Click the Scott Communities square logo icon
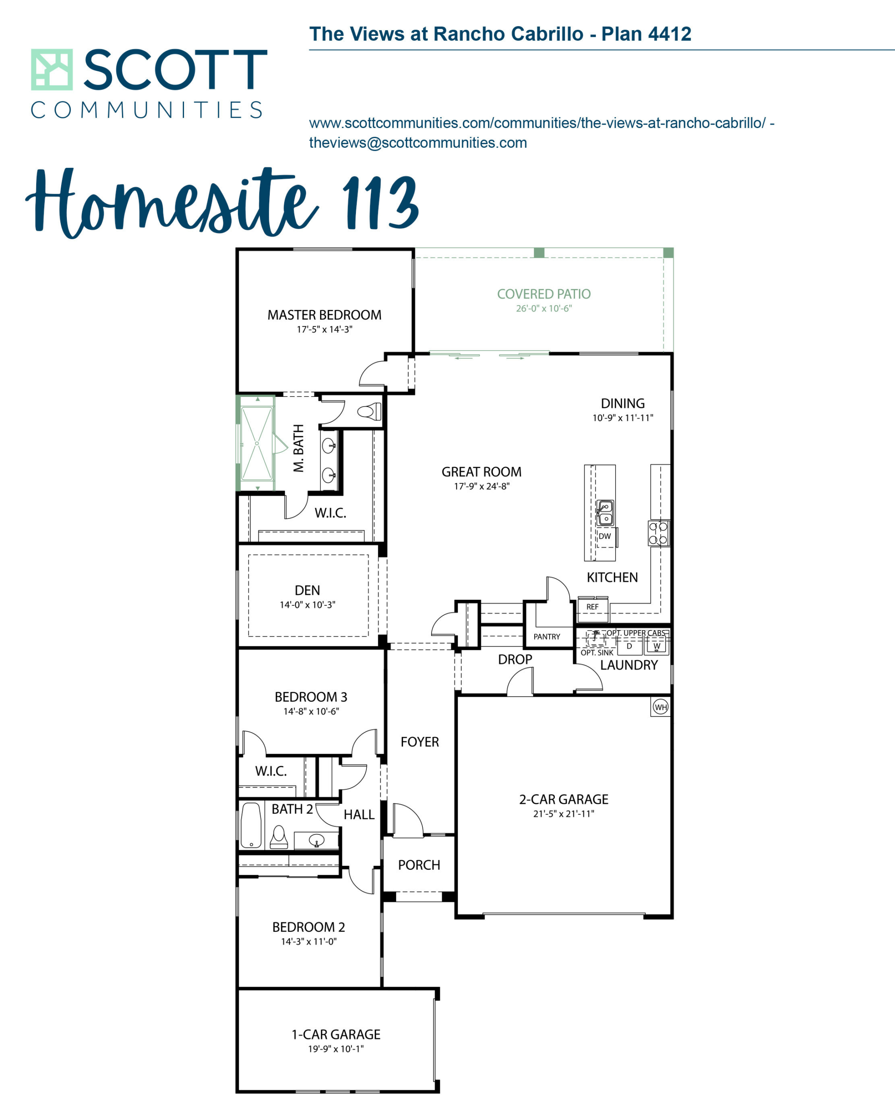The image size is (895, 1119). pyautogui.click(x=52, y=70)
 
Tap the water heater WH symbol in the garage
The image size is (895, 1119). pyautogui.click(x=660, y=707)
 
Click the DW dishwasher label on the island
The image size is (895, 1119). pyautogui.click(x=605, y=536)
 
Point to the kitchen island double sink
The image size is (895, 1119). pyautogui.click(x=605, y=513)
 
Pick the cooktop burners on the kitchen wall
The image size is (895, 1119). pyautogui.click(x=658, y=533)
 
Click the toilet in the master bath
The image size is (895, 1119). pyautogui.click(x=369, y=412)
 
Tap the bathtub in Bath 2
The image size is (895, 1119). pyautogui.click(x=251, y=826)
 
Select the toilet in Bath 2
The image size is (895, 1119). pyautogui.click(x=279, y=837)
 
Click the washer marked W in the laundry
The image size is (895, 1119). pyautogui.click(x=657, y=646)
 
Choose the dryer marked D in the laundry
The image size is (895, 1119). pyautogui.click(x=629, y=646)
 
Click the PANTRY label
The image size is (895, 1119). pyautogui.click(x=547, y=636)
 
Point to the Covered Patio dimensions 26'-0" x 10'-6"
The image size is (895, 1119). pyautogui.click(x=543, y=308)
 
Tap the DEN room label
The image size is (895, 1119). pyautogui.click(x=307, y=590)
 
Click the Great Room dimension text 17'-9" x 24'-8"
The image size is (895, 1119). pyautogui.click(x=482, y=487)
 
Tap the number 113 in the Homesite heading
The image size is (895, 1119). pyautogui.click(x=380, y=202)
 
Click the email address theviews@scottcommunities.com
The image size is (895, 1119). pyautogui.click(x=418, y=143)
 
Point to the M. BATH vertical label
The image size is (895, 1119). pyautogui.click(x=299, y=448)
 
